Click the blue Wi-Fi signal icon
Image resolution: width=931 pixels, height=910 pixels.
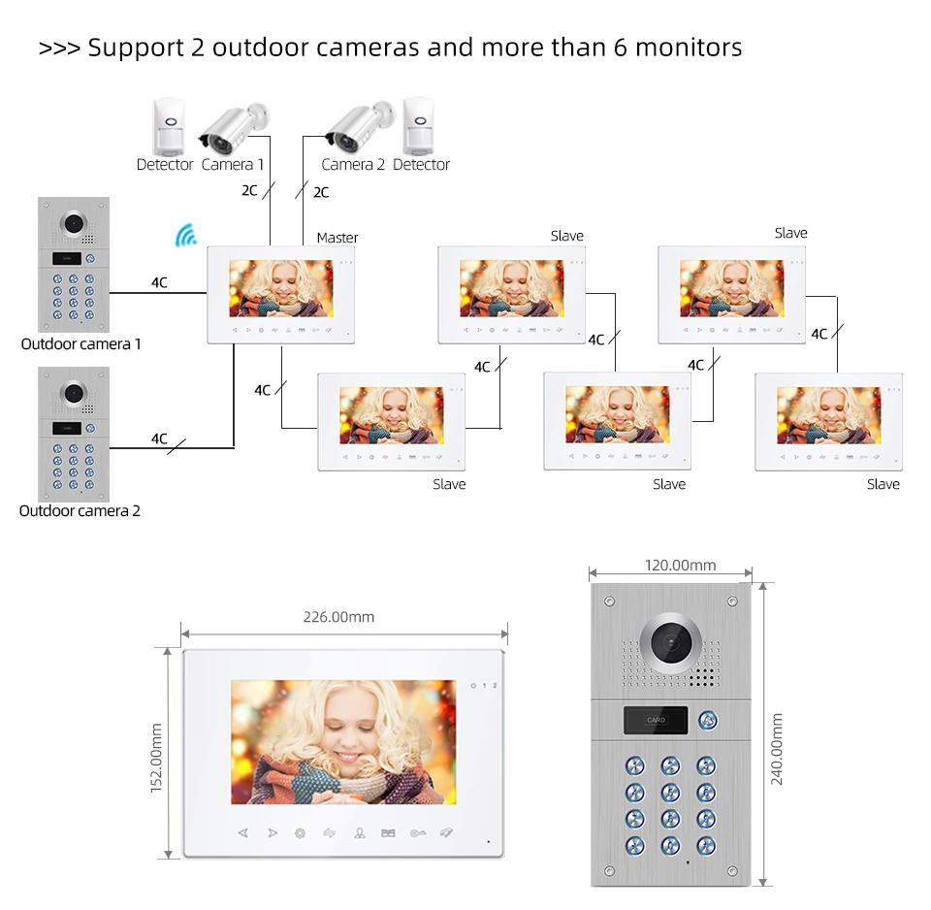pos(184,235)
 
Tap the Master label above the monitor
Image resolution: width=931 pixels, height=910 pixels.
pos(337,238)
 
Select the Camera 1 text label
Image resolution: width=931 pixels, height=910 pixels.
pos(233,165)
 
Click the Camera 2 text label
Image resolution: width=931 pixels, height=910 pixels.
pos(353,165)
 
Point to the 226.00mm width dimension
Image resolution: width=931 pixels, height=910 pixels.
pos(338,617)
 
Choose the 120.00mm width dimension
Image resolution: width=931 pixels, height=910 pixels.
pos(680,566)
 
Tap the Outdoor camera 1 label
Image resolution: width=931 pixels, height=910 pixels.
pos(81,344)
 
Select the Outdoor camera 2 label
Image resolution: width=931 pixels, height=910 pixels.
pos(80,511)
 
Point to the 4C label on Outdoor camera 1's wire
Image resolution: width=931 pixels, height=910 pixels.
pos(159,282)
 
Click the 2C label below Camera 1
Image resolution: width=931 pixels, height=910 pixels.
pos(250,190)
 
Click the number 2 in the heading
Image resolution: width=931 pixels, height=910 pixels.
pos(197,47)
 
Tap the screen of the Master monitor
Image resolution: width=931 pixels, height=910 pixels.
pos(280,288)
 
